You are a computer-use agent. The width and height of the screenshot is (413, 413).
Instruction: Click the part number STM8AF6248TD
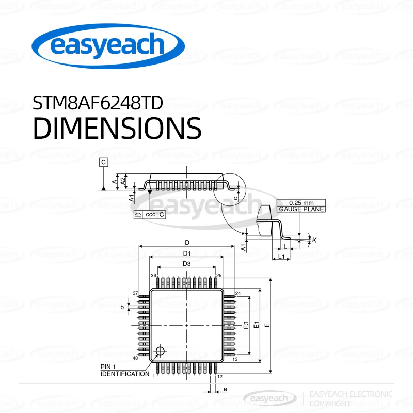[x=98, y=103]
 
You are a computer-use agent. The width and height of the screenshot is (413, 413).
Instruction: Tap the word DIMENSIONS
[x=117, y=128]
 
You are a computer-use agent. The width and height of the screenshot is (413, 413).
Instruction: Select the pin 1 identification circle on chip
[x=160, y=352]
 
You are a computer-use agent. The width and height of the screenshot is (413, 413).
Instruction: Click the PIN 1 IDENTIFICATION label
[x=124, y=370]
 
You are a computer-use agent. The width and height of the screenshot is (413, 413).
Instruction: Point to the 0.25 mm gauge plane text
[x=301, y=206]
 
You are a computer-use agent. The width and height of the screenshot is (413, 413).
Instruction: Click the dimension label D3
[x=186, y=264]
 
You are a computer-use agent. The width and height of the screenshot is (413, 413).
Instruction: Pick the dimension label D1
[x=187, y=253]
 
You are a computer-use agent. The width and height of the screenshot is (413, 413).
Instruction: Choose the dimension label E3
[x=246, y=325]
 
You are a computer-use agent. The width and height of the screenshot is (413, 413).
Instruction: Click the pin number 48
[x=135, y=358]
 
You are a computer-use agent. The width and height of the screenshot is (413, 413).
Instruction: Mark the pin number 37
[x=135, y=293]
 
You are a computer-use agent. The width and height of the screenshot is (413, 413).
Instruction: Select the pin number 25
[x=219, y=276]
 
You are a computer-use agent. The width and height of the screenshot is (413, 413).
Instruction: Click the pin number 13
[x=235, y=359]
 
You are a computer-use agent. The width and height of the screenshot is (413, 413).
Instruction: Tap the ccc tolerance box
[x=150, y=214]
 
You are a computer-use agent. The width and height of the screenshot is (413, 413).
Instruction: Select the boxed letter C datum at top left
[x=104, y=162]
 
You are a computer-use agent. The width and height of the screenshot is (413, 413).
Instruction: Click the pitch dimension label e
[x=225, y=388]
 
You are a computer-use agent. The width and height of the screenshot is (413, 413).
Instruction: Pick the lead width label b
[x=122, y=307]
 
